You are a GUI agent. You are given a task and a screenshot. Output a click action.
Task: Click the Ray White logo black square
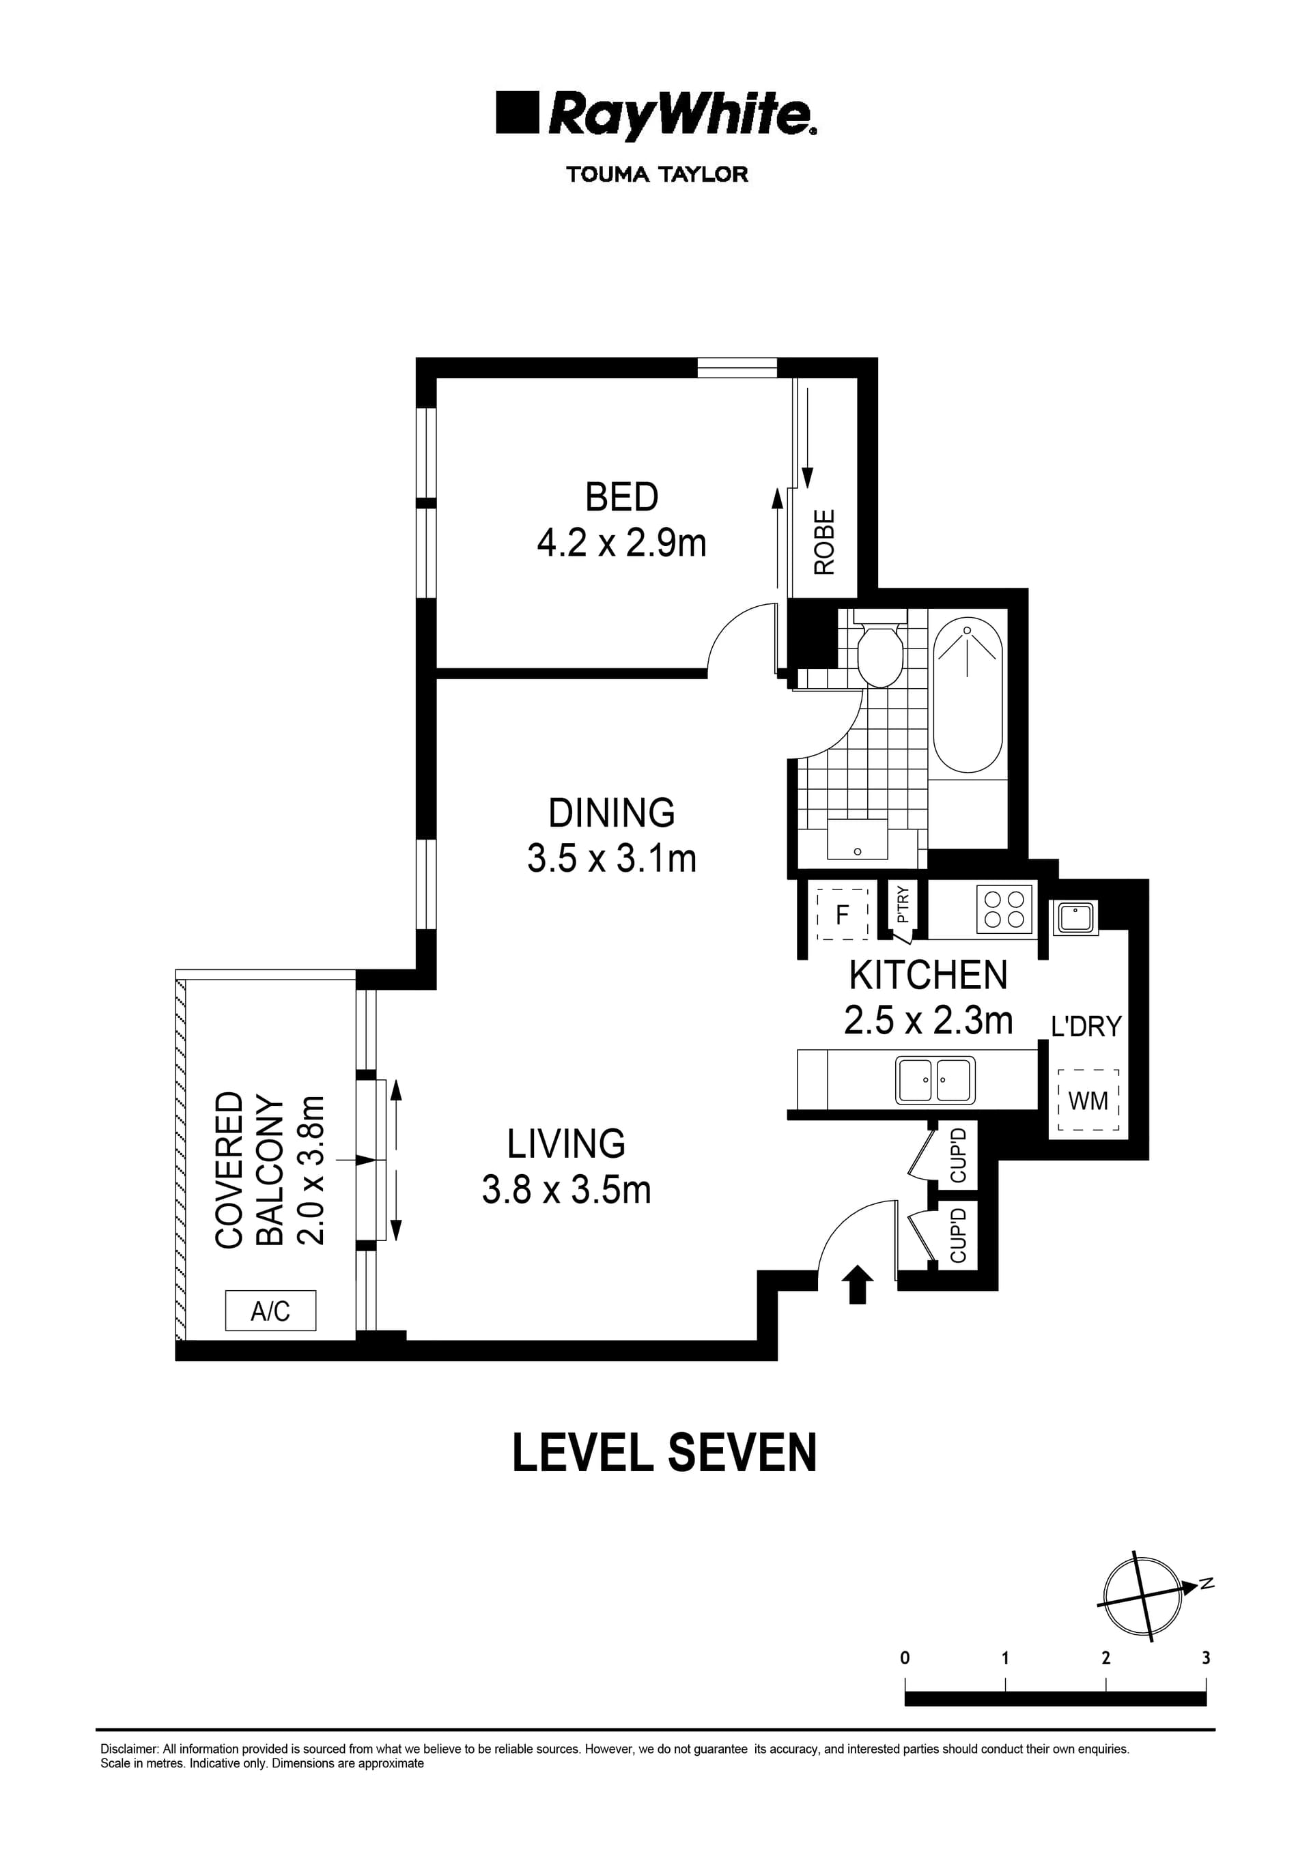click(517, 112)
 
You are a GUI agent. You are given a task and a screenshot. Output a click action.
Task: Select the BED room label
click(621, 497)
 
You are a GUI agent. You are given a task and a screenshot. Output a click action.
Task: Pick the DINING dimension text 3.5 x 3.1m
click(611, 859)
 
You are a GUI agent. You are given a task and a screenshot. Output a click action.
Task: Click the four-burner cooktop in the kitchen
click(1004, 909)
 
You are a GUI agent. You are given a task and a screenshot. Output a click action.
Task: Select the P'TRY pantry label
click(903, 904)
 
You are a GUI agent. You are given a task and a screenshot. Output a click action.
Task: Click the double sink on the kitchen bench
click(935, 1080)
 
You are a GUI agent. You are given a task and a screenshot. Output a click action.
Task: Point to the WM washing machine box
click(1088, 1100)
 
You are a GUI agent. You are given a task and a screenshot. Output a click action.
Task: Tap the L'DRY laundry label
click(1086, 1027)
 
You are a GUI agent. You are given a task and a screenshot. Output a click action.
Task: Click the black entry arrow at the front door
click(856, 1284)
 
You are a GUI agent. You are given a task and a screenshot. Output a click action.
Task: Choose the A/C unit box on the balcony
click(270, 1311)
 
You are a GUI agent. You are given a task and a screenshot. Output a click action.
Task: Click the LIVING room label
click(566, 1143)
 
